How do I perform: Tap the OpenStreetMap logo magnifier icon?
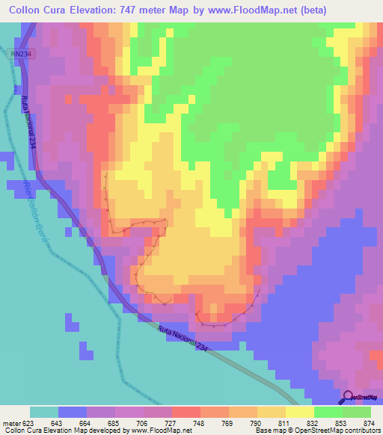(347, 396)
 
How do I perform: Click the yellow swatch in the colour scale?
(299, 413)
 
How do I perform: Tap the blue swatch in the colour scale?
(73, 413)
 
